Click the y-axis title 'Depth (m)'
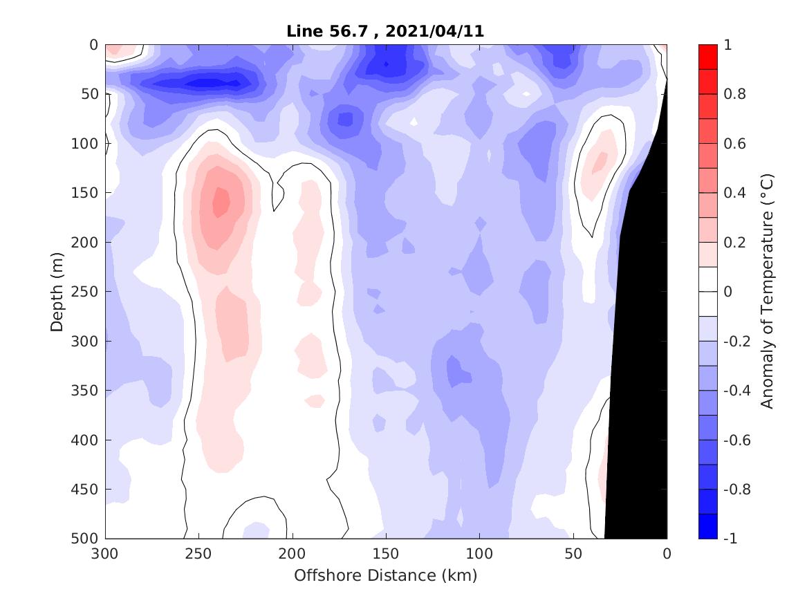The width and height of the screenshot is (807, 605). pyautogui.click(x=58, y=292)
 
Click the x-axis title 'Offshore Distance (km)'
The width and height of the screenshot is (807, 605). pyautogui.click(x=386, y=575)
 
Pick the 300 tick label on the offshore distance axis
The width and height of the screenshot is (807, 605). pyautogui.click(x=106, y=554)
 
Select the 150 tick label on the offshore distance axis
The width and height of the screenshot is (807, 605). pyautogui.click(x=386, y=554)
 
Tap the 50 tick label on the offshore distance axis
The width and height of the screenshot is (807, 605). pyautogui.click(x=573, y=554)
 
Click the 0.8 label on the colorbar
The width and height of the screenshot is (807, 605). pyautogui.click(x=734, y=94)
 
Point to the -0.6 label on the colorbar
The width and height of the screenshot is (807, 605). pyautogui.click(x=736, y=440)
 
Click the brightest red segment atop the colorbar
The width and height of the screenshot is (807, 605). pyautogui.click(x=708, y=57)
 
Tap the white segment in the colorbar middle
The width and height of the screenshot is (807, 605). pyautogui.click(x=708, y=292)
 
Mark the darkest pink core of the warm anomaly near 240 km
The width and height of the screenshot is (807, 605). pyautogui.click(x=221, y=202)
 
